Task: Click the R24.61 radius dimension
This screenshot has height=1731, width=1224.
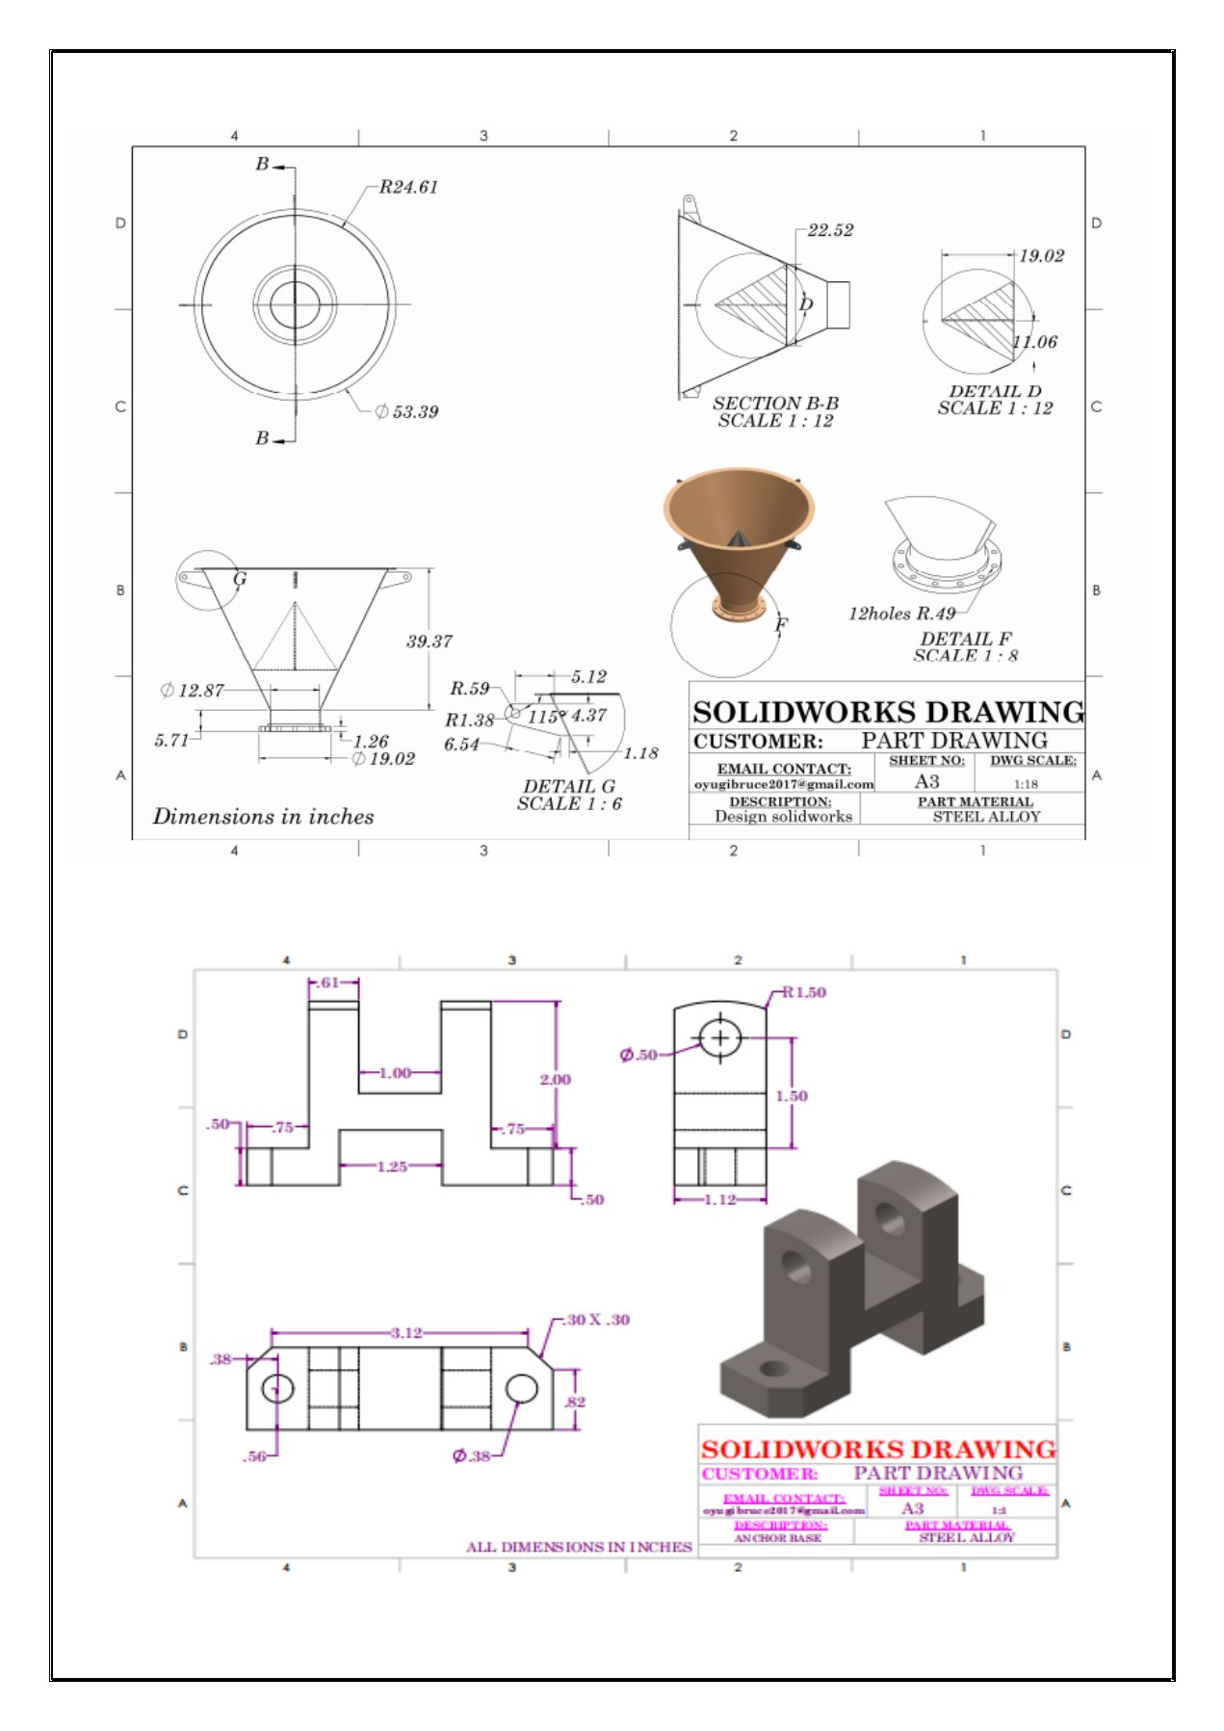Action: tap(408, 187)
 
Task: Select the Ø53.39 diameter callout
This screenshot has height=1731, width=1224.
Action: tap(406, 412)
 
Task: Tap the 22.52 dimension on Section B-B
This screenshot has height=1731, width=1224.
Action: tap(830, 230)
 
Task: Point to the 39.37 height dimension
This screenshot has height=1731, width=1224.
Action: tap(429, 642)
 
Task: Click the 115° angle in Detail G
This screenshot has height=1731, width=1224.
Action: tap(544, 717)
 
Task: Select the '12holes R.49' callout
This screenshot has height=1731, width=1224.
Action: tap(901, 614)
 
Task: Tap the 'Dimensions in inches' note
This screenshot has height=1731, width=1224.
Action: tap(263, 817)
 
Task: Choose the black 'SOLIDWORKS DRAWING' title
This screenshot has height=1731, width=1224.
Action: tap(887, 712)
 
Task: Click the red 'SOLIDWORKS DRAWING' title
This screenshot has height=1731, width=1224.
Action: tap(877, 1449)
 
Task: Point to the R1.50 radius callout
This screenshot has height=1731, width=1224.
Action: tap(804, 992)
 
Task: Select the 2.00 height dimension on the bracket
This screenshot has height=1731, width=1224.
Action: tap(555, 1080)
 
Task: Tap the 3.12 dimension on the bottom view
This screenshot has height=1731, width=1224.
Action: tap(405, 1333)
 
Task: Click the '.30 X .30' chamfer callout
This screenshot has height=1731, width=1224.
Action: tap(597, 1320)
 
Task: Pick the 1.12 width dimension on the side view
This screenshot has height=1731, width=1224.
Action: tap(719, 1199)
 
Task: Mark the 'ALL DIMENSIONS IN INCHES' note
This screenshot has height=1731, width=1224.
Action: tap(579, 1547)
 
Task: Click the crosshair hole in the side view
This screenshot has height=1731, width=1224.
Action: tap(719, 1037)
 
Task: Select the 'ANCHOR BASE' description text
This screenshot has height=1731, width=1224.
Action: tap(777, 1538)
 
